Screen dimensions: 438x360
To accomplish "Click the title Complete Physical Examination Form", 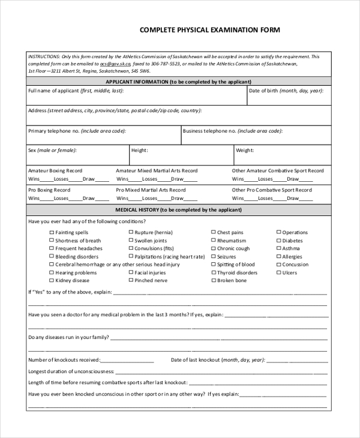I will [209, 29].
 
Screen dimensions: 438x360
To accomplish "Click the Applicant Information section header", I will [178, 82].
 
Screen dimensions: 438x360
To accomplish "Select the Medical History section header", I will [178, 210].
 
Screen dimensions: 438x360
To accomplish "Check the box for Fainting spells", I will [50, 233].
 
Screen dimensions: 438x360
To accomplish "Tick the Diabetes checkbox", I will [278, 241].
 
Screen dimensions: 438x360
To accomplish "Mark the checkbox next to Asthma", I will [278, 248].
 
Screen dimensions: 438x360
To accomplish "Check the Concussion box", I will [278, 265].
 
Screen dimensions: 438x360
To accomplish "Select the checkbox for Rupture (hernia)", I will [130, 233].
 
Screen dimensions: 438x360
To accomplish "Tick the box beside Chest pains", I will [213, 233].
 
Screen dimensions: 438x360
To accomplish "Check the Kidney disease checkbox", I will [50, 281].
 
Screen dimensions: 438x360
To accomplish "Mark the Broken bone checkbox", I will [213, 281].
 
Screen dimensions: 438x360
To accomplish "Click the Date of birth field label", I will [286, 91].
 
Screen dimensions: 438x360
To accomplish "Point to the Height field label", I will [140, 151].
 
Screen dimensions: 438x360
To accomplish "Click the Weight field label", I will [245, 151].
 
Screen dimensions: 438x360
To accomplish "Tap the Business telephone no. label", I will [232, 131].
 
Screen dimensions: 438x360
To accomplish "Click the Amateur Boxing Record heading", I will [55, 171].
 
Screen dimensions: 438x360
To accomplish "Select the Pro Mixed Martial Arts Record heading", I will [151, 190].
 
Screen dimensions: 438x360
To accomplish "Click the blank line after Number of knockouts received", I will [127, 361].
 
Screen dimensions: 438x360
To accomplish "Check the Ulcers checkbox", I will [278, 273].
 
